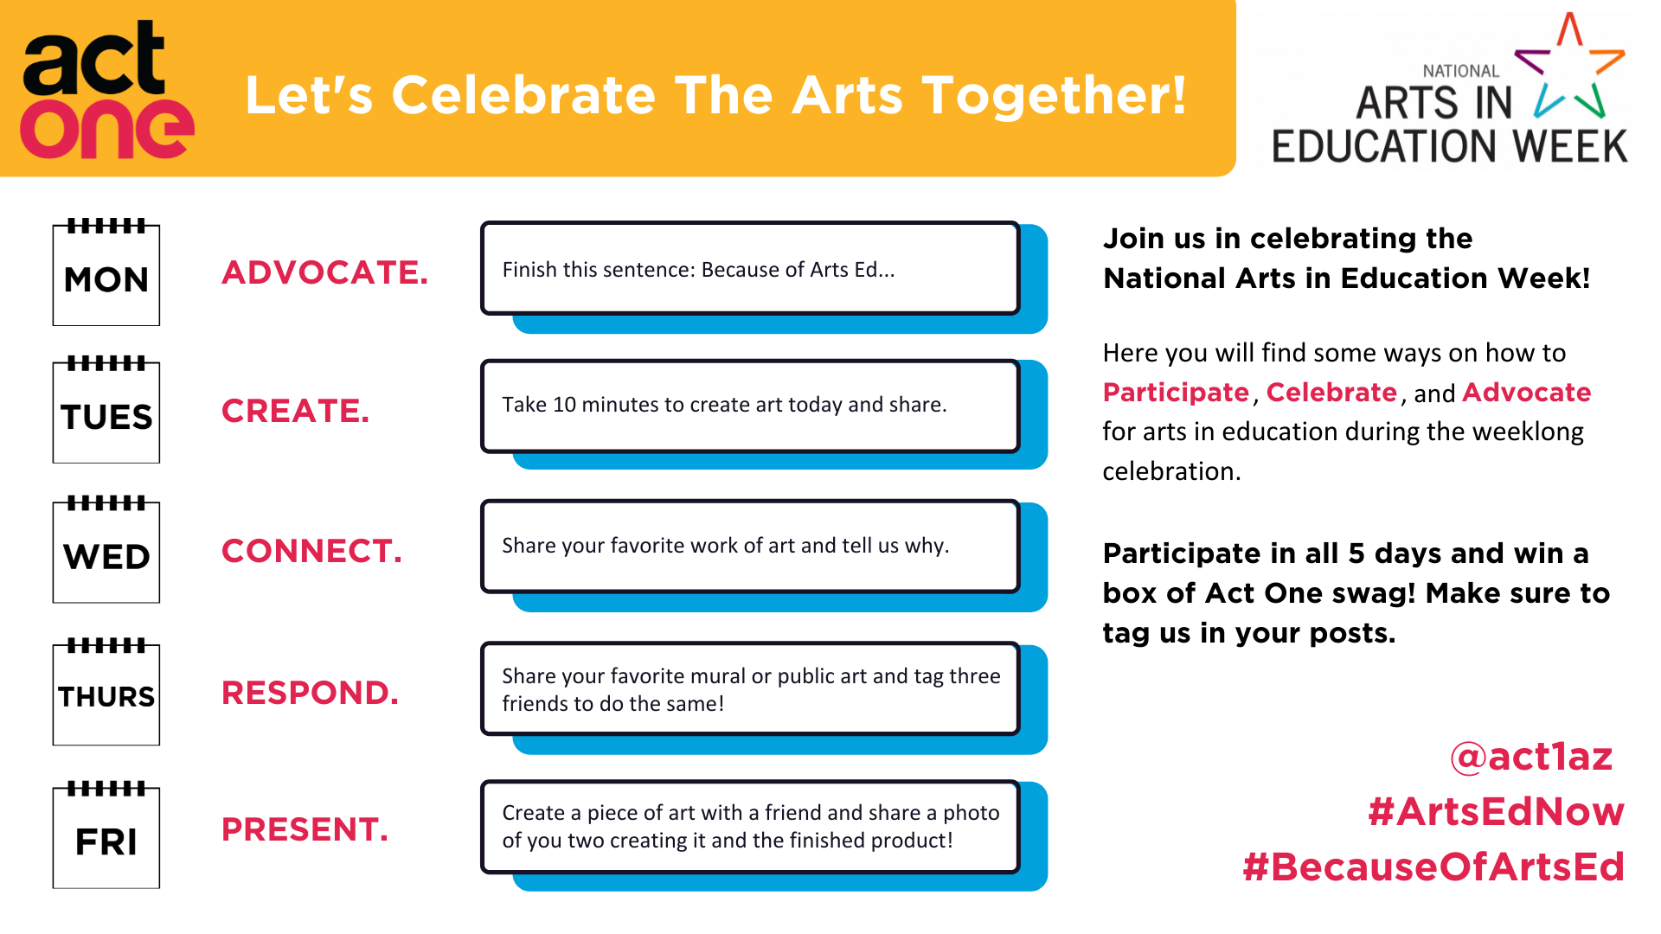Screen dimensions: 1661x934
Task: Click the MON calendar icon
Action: point(106,272)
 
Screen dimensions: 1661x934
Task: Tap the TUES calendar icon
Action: point(106,410)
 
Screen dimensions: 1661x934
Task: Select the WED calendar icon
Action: point(106,550)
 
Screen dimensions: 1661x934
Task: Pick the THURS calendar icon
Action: point(106,692)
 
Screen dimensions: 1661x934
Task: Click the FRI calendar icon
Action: point(106,835)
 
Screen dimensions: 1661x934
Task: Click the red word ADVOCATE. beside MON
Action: point(325,272)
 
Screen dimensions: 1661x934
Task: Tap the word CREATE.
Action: point(296,411)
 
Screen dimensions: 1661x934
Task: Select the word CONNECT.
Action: point(312,551)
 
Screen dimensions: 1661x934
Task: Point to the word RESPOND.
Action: point(311,693)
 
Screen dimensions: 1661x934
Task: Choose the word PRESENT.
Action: point(305,829)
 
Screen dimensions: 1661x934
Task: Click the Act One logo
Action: point(106,90)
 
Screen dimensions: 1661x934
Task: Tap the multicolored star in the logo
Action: point(1570,66)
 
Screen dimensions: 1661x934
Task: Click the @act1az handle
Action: point(1531,757)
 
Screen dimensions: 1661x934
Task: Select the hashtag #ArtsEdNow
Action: point(1497,812)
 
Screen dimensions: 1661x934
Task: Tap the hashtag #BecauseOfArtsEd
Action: point(1433,867)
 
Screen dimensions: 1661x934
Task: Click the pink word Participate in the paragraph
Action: point(1177,393)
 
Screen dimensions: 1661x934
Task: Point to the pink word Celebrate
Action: point(1332,393)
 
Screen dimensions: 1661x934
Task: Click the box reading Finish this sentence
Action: point(750,268)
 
